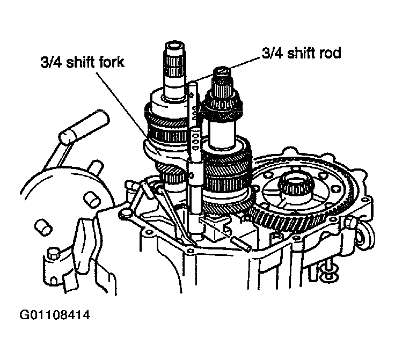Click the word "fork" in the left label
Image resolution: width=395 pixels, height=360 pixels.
(111, 62)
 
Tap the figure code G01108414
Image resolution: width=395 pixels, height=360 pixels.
(55, 315)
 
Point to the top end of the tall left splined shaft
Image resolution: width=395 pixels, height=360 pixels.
(175, 45)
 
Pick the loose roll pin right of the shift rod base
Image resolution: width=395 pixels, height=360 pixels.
(242, 244)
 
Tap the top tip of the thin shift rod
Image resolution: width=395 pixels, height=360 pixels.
(193, 83)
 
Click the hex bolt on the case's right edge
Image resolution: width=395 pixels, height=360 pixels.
(349, 222)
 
